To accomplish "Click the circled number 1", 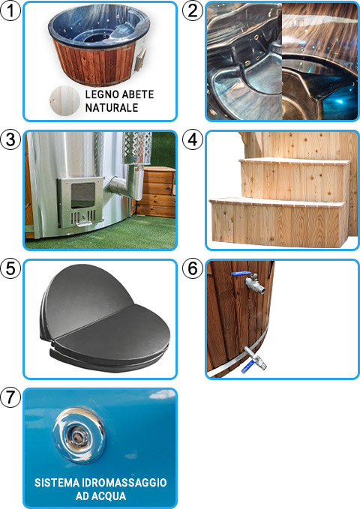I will tap(10, 10).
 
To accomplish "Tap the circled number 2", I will tap(193, 10).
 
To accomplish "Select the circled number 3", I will tap(10, 139).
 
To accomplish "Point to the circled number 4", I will tap(193, 139).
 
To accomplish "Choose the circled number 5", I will tap(10, 269).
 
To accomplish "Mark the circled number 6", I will tap(193, 269).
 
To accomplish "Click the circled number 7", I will tap(10, 398).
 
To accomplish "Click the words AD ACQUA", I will tap(100, 496).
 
